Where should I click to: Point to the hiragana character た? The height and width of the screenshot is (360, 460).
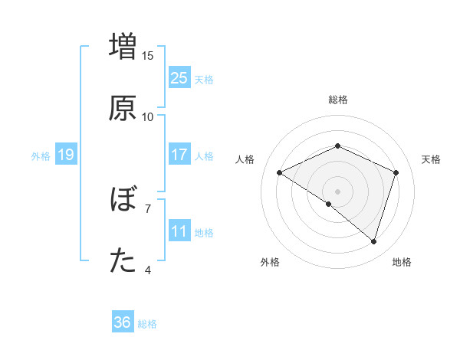click(x=123, y=261)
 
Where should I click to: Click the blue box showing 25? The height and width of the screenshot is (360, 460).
click(x=179, y=78)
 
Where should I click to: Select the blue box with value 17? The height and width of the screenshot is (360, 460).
click(x=179, y=155)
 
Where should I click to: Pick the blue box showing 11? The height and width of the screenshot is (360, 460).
click(x=179, y=231)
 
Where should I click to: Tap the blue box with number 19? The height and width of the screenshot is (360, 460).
click(x=65, y=155)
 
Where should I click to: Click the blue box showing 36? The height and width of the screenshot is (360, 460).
click(x=123, y=322)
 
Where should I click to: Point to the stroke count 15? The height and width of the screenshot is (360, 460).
click(x=148, y=55)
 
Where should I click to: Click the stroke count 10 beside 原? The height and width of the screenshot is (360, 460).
click(x=148, y=116)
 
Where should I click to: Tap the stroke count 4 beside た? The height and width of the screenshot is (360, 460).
click(x=148, y=270)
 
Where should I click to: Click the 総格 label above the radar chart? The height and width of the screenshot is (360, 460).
click(x=337, y=100)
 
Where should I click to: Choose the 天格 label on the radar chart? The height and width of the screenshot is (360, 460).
click(x=431, y=159)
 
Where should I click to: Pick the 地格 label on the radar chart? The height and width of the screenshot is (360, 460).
click(x=402, y=262)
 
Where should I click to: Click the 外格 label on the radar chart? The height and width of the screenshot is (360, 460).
click(x=270, y=262)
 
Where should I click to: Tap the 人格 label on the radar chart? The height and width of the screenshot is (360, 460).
click(x=245, y=159)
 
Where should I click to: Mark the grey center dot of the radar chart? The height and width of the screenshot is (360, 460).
click(x=337, y=191)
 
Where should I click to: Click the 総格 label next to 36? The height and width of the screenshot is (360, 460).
click(x=147, y=324)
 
